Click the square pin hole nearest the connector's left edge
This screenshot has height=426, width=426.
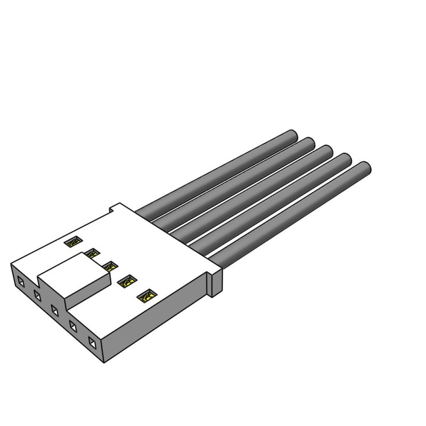21,281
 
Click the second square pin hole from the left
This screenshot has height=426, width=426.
38,294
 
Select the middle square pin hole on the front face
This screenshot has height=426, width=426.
55,309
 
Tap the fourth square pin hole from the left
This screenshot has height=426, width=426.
73,325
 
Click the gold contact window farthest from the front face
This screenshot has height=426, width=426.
71,242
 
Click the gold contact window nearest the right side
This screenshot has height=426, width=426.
146,296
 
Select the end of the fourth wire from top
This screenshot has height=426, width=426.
345,160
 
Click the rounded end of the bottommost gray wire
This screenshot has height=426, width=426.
364,169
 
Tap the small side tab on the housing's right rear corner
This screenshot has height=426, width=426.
215,282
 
